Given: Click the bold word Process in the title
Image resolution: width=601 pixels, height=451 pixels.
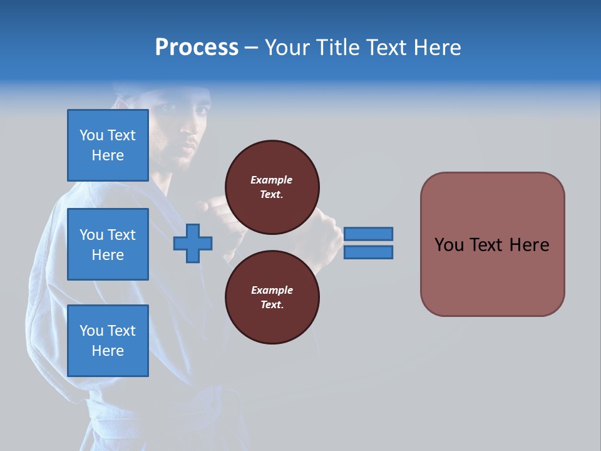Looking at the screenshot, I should [x=197, y=48].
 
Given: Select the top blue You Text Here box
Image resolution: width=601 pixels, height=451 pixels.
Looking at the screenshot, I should [x=108, y=145].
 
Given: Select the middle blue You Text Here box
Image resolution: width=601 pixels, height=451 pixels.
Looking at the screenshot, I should [x=108, y=244].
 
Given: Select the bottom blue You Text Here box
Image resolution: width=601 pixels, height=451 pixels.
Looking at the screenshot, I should [x=108, y=341].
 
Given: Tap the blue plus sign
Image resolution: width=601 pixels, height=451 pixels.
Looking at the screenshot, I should [x=193, y=243].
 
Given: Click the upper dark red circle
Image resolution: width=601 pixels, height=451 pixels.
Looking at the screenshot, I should [x=272, y=187].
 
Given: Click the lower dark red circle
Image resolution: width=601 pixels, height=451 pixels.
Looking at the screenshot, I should [x=272, y=298].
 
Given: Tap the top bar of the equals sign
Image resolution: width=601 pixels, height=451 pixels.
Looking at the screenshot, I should [x=368, y=234].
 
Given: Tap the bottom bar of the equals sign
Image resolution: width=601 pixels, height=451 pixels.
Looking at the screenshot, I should [x=368, y=252].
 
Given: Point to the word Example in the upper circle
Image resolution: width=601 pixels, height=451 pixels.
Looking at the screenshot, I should [x=272, y=180].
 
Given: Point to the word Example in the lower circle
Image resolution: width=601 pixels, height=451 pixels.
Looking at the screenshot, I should [x=272, y=290].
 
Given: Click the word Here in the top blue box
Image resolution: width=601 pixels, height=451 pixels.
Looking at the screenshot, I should [x=108, y=155].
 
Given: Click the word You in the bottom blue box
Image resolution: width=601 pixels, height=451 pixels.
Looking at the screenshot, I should [x=91, y=331].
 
